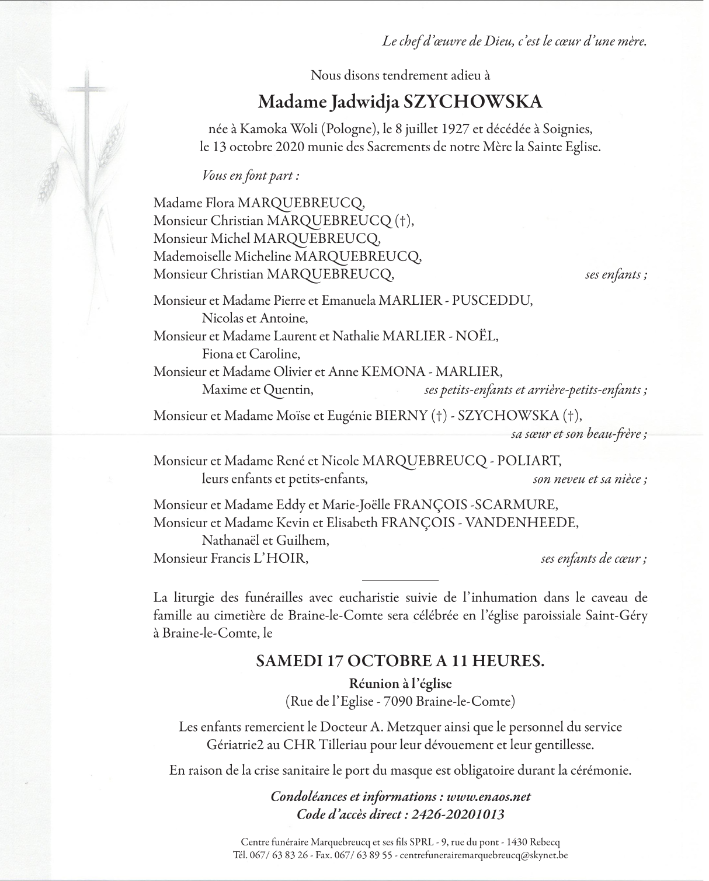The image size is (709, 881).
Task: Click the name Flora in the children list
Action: click(220, 203)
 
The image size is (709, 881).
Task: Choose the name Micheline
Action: click(263, 256)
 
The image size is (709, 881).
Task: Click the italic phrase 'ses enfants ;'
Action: click(616, 274)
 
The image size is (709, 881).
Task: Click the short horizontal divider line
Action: click(400, 580)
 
